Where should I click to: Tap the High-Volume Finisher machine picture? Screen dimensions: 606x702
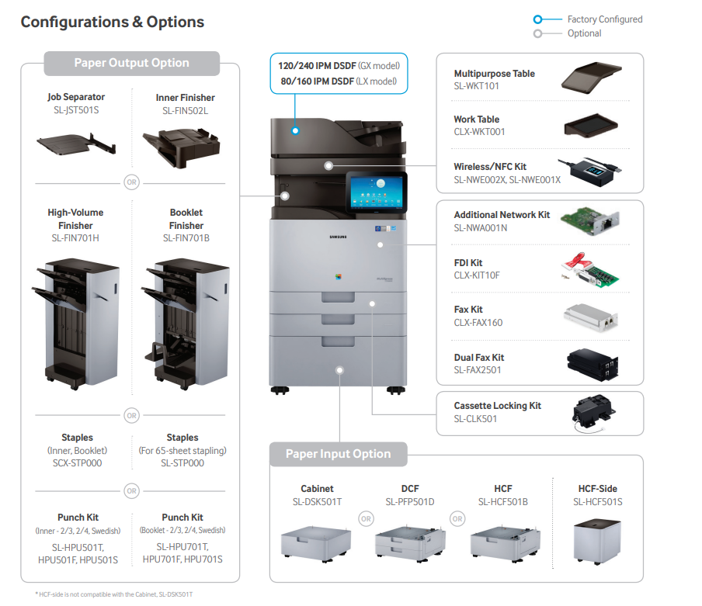pos(75,318)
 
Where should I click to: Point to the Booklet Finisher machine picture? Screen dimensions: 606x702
pos(186,318)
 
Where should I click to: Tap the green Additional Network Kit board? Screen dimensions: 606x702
pos(594,219)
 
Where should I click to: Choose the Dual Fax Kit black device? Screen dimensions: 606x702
pos(593,362)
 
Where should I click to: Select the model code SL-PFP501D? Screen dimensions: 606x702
pos(409,502)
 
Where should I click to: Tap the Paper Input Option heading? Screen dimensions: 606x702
pos(339,454)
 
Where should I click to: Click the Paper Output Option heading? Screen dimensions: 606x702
pos(131,63)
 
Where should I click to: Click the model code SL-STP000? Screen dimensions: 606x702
pos(182,463)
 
